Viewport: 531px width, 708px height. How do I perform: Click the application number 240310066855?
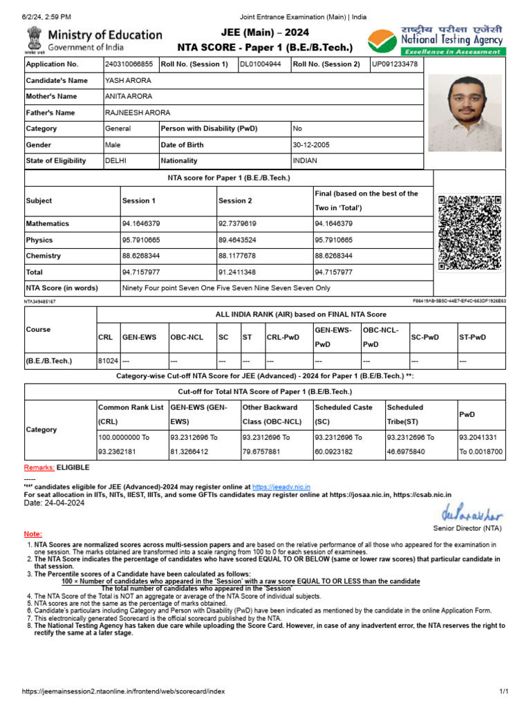(129, 64)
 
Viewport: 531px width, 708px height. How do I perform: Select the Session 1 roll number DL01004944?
(260, 64)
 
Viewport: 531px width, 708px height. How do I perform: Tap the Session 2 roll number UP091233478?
(395, 64)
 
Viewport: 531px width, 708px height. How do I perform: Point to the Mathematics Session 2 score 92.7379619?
(237, 224)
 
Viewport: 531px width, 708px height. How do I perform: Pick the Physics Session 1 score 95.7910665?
(141, 240)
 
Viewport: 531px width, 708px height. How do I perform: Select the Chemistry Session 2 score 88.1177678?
(237, 256)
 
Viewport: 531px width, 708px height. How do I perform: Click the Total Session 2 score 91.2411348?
(237, 272)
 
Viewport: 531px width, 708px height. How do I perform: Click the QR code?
(469, 234)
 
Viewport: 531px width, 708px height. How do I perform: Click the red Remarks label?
(39, 468)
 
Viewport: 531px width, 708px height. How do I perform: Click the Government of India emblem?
(34, 41)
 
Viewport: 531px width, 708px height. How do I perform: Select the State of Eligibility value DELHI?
(115, 160)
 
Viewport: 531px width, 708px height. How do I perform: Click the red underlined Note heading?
(33, 534)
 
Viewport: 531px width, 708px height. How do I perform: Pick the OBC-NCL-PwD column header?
(380, 337)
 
